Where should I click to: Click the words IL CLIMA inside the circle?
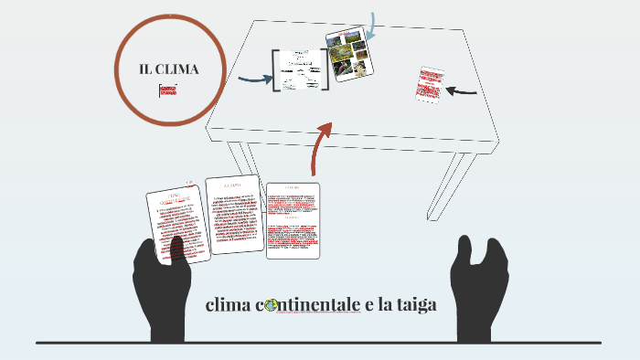pyautogui.click(x=169, y=70)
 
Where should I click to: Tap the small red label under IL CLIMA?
pyautogui.click(x=167, y=90)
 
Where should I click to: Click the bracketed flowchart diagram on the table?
pyautogui.click(x=300, y=69)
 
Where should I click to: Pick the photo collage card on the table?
pyautogui.click(x=347, y=54)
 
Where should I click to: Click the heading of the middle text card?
pyautogui.click(x=232, y=185)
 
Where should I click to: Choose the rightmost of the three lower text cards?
pyautogui.click(x=293, y=220)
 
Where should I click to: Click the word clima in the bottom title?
pyautogui.click(x=229, y=304)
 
